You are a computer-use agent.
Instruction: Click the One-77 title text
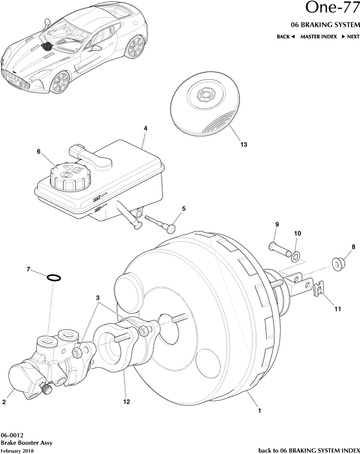332,8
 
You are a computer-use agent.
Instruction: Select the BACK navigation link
285,37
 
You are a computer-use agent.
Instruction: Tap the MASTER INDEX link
318,37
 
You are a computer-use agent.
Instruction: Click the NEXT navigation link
350,37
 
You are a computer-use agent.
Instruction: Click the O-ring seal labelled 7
54,278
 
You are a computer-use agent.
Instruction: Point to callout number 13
243,144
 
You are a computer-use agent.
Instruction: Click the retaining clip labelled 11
319,291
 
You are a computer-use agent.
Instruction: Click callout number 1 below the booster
259,411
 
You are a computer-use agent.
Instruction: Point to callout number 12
127,402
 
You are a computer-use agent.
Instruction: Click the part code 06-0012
12,435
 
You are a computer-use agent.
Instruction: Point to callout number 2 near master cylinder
4,402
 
